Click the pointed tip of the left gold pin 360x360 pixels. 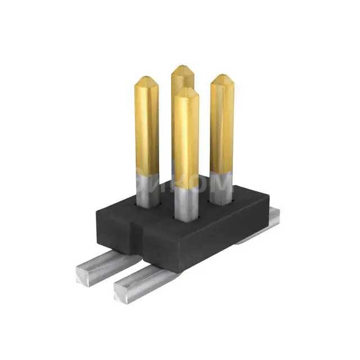pyautogui.click(x=146, y=79)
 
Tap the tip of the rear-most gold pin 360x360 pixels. pyautogui.click(x=182, y=68)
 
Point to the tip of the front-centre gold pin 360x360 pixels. pyautogui.click(x=186, y=91)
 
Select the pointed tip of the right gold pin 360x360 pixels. pyautogui.click(x=222, y=77)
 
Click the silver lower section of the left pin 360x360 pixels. pyautogui.click(x=147, y=190)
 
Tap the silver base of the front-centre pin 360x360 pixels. pyautogui.click(x=186, y=204)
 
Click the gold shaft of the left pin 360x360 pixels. pyautogui.click(x=146, y=129)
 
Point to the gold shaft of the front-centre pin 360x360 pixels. pyautogui.click(x=186, y=141)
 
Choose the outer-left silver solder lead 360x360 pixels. pyautogui.click(x=107, y=264)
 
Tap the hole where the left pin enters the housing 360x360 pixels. pyautogui.click(x=147, y=206)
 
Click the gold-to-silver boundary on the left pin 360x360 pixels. pyautogui.click(x=147, y=173)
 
